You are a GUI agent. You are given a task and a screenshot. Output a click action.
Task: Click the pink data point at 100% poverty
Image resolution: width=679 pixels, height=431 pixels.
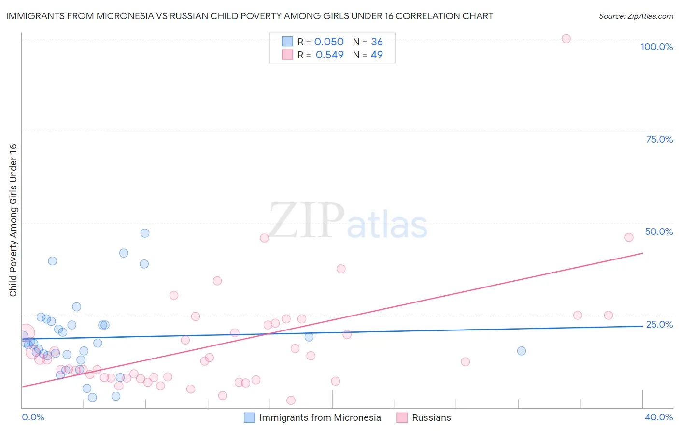pyautogui.click(x=566, y=39)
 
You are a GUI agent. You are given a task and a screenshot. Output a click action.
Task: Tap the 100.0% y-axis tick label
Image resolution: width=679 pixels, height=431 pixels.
pyautogui.click(x=656, y=47)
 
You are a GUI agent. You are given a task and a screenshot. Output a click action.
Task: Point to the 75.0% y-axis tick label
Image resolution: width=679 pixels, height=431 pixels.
pyautogui.click(x=659, y=139)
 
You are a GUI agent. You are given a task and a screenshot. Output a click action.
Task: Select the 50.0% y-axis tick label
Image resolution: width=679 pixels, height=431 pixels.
pyautogui.click(x=659, y=231)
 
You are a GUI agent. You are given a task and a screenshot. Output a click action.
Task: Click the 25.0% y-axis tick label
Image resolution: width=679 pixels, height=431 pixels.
pyautogui.click(x=659, y=324)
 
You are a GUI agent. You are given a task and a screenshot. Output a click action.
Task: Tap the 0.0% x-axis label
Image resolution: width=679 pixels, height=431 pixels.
pyautogui.click(x=33, y=417)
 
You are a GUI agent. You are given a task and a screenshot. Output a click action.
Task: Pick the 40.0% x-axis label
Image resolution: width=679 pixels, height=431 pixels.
pyautogui.click(x=659, y=417)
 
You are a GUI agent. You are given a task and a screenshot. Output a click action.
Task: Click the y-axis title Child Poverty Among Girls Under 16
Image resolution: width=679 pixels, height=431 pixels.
pyautogui.click(x=13, y=220)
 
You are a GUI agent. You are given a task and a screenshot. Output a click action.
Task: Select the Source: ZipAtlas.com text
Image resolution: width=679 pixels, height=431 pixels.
pyautogui.click(x=636, y=16)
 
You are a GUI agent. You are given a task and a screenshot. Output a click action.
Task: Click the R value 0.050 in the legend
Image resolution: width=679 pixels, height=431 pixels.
pyautogui.click(x=329, y=42)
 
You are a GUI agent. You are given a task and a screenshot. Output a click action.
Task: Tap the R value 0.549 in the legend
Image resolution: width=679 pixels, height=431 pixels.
pyautogui.click(x=329, y=55)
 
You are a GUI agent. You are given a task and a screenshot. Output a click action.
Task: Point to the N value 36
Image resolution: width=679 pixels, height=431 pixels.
pyautogui.click(x=377, y=42)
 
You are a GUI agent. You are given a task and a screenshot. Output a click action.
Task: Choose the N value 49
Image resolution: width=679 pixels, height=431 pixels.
pyautogui.click(x=377, y=55)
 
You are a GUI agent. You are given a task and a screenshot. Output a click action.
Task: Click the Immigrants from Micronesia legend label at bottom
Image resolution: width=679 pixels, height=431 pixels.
pyautogui.click(x=320, y=417)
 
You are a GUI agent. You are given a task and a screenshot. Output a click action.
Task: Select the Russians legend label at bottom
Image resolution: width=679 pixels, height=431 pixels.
pyautogui.click(x=431, y=417)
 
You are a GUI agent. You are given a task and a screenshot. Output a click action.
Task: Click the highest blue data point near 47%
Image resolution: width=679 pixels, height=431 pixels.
pyautogui.click(x=145, y=233)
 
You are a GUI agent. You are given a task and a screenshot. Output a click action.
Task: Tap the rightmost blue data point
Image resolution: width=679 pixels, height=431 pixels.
pyautogui.click(x=522, y=351)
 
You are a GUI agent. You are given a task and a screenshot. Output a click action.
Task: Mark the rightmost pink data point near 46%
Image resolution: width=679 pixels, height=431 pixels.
pyautogui.click(x=629, y=237)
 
